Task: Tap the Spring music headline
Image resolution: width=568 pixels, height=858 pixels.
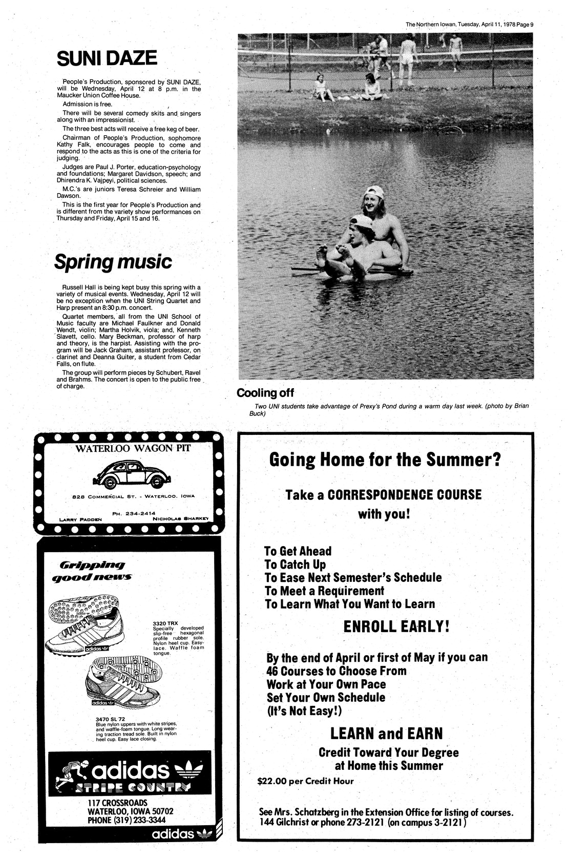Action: pyautogui.click(x=113, y=262)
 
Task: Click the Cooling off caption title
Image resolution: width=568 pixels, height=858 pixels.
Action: pyautogui.click(x=265, y=393)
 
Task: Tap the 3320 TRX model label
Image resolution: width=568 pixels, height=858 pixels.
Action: pyautogui.click(x=162, y=623)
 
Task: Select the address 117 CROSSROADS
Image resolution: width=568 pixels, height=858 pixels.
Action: pyautogui.click(x=117, y=802)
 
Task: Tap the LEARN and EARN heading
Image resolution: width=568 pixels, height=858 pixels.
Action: pyautogui.click(x=386, y=733)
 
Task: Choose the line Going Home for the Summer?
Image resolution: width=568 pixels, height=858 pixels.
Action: pyautogui.click(x=384, y=459)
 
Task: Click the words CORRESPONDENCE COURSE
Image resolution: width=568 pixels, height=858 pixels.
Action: pyautogui.click(x=404, y=495)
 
